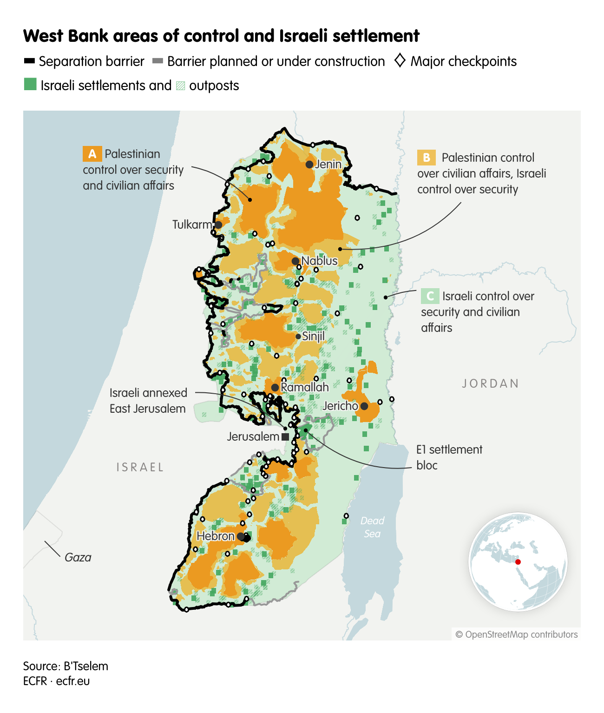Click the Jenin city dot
coord(309,165)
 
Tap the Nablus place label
coord(319,261)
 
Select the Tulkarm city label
coord(192,225)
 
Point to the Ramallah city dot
coord(275,388)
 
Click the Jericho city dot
coord(364,406)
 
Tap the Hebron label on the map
coord(216,536)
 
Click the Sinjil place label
coord(313,336)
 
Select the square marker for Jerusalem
coord(285,437)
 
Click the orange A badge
coord(92,154)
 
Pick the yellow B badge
coord(427,158)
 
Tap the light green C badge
coord(430,296)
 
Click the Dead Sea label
coord(372,527)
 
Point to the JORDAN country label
coord(490,383)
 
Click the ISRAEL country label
coord(140,467)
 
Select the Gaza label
coord(78,557)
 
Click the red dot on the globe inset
coord(518,562)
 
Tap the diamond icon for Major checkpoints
coord(400,61)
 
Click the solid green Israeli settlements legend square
coord(30,85)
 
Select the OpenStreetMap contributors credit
coord(516,634)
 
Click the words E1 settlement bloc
coord(449,457)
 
